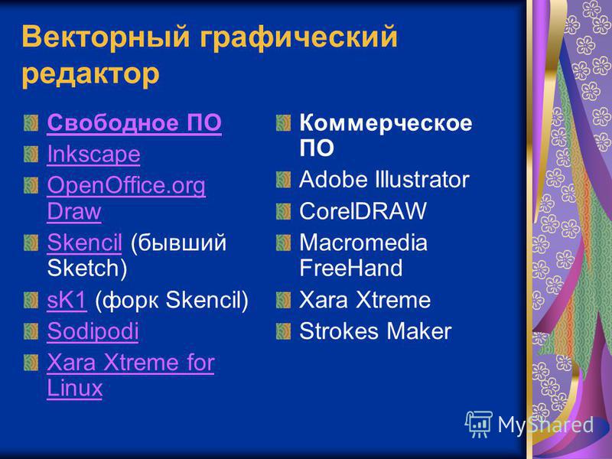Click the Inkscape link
[93, 155]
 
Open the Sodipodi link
[93, 331]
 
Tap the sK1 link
[67, 300]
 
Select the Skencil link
[85, 243]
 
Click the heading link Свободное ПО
[135, 122]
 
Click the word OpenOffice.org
[126, 186]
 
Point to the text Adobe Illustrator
[384, 180]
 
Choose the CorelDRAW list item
[363, 211]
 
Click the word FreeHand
[351, 269]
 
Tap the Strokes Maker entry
[375, 331]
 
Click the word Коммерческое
[386, 123]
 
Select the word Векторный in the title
[106, 37]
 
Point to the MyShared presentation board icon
[479, 425]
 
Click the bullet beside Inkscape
[31, 155]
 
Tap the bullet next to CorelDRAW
[283, 211]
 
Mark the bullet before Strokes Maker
[283, 331]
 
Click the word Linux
[74, 388]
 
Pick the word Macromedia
[363, 243]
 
